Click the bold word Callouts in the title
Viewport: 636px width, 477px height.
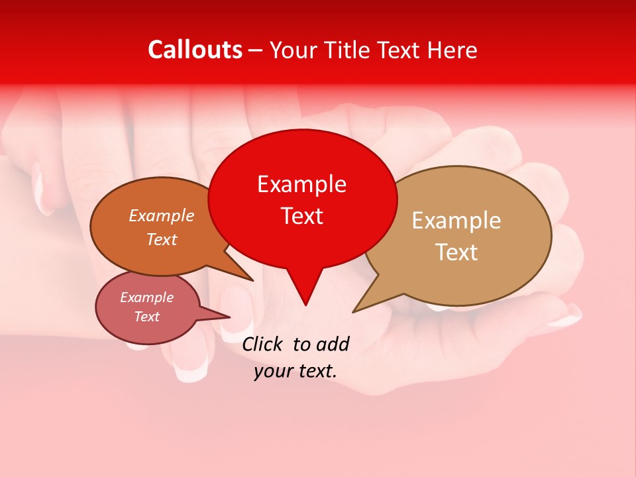[x=195, y=50]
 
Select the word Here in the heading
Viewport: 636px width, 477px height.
[x=453, y=50]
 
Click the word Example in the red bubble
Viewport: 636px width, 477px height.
[x=301, y=184]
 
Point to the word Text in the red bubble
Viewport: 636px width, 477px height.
[x=301, y=216]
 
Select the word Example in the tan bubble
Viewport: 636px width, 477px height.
[x=456, y=221]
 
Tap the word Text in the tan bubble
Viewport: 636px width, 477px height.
[x=456, y=252]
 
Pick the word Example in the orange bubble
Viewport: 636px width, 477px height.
[x=161, y=215]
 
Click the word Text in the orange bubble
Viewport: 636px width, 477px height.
[x=162, y=239]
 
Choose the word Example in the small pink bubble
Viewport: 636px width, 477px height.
[x=146, y=297]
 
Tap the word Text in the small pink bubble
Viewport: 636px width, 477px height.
[x=147, y=317]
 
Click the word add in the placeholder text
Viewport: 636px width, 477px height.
[x=333, y=344]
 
